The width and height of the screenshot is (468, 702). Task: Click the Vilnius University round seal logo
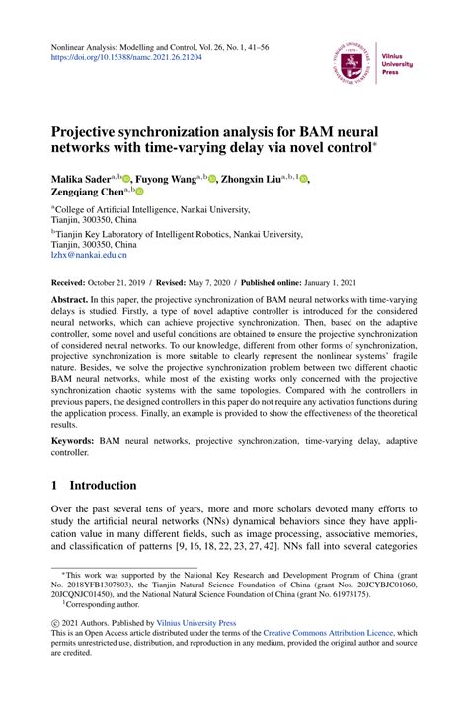(x=351, y=60)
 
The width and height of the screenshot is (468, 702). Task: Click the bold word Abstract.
(x=72, y=297)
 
